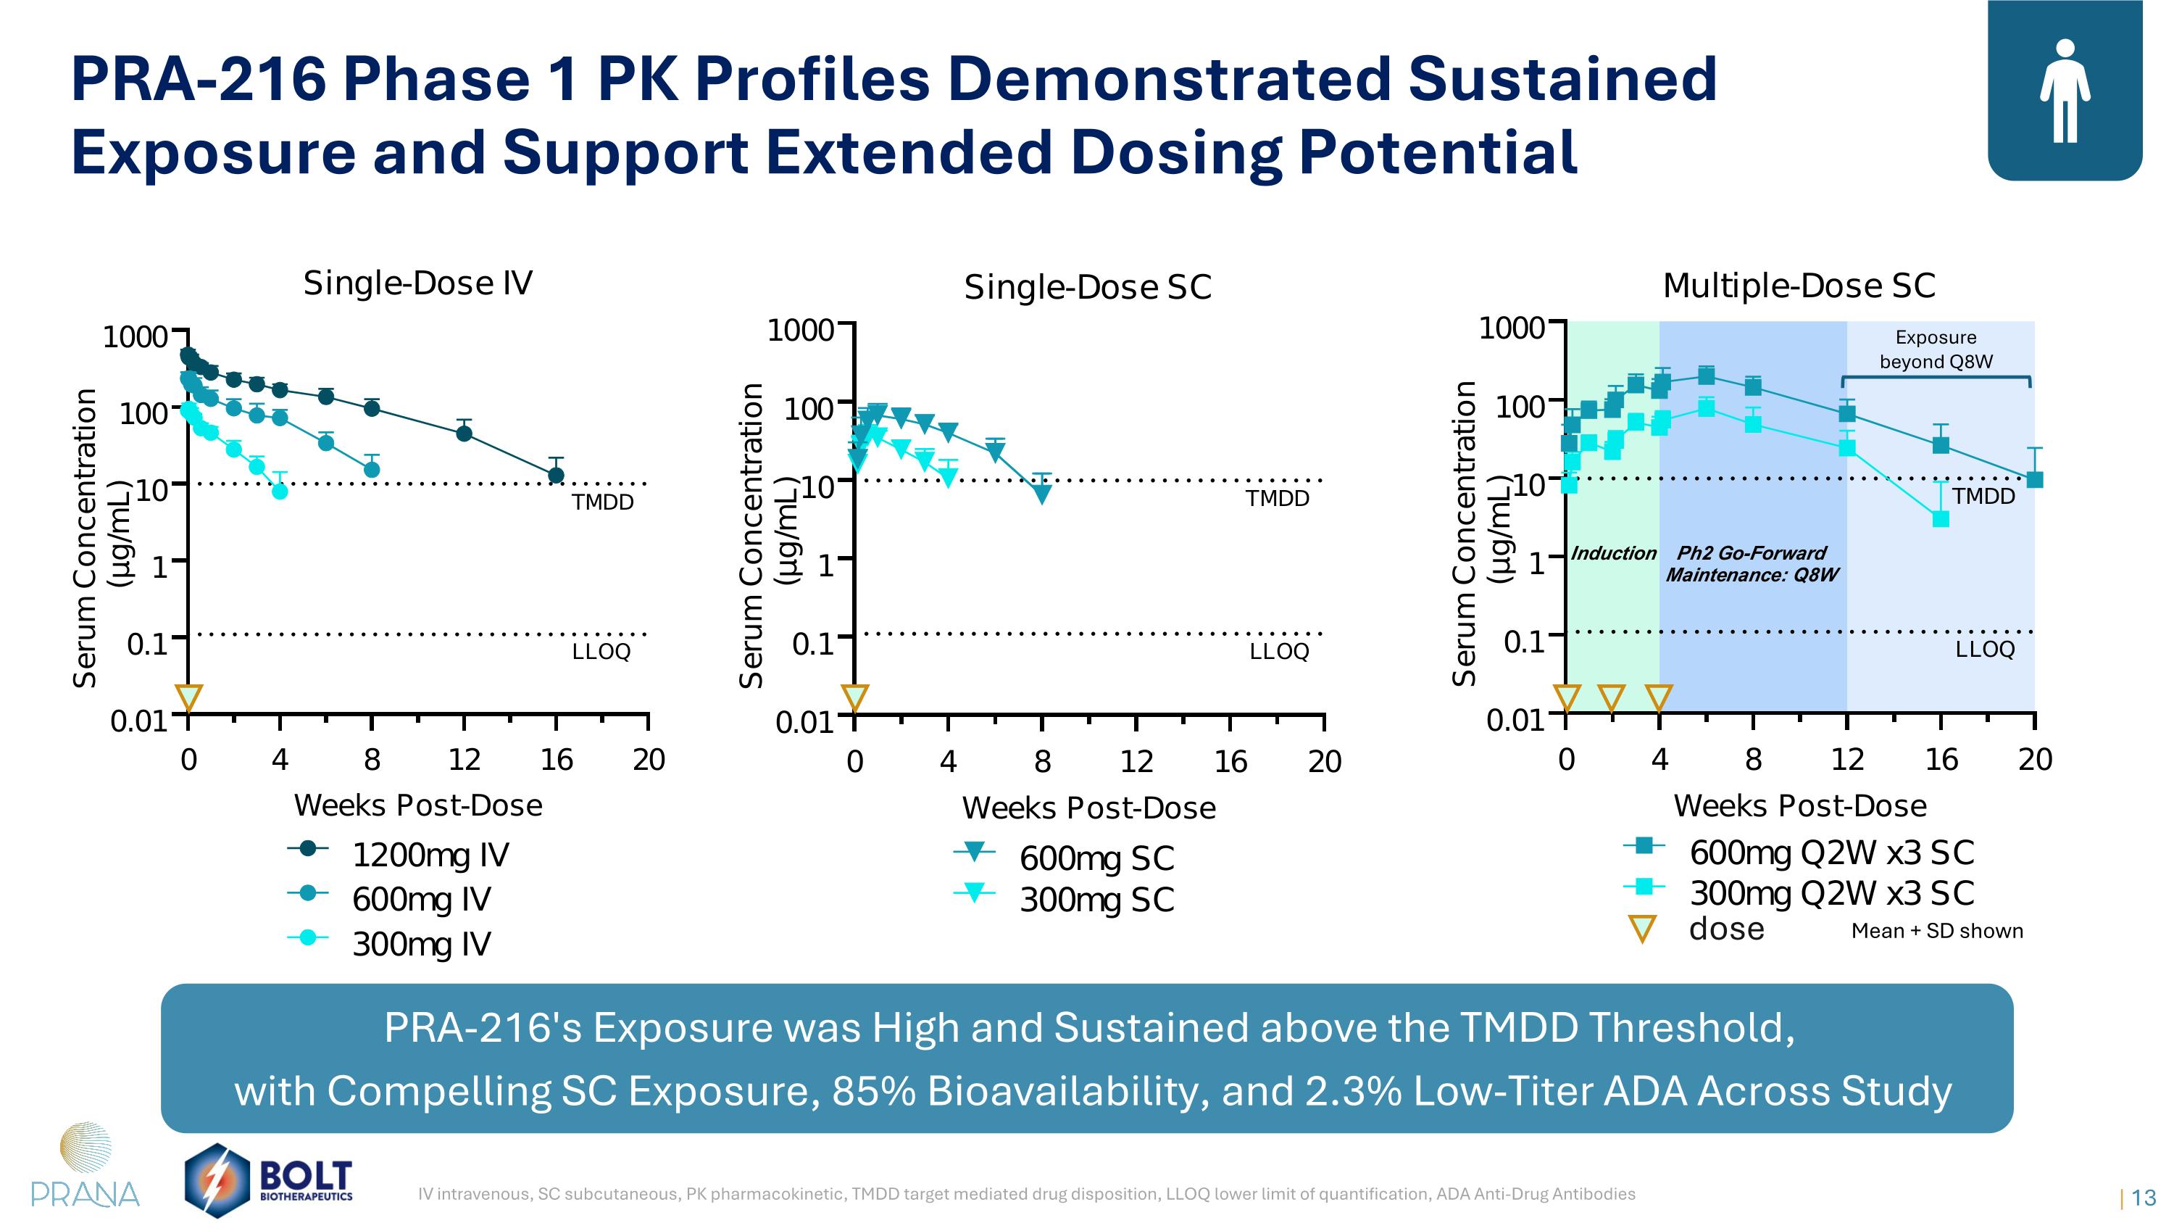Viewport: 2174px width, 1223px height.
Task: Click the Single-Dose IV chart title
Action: pos(417,283)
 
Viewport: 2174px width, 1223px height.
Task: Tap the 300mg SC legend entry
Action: pos(1063,899)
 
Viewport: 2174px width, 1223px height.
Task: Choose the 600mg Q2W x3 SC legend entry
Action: pos(1799,852)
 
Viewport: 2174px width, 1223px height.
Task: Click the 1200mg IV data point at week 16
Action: pos(556,475)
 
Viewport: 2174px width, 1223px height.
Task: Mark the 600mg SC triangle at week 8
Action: pos(1043,494)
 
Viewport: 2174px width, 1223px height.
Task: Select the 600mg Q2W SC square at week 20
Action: pos(2035,479)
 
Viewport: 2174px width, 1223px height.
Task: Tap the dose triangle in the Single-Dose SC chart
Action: pos(855,697)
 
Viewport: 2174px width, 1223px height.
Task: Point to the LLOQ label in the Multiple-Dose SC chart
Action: pos(1985,649)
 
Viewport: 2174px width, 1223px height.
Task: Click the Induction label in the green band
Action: pos(1614,553)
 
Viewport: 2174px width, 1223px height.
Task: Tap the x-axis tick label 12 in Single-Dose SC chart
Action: pos(1137,761)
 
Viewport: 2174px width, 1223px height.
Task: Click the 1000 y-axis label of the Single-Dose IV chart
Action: pos(135,337)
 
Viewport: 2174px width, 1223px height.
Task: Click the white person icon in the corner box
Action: pos(2065,91)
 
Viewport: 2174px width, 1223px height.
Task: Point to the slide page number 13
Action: pos(2144,1198)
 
